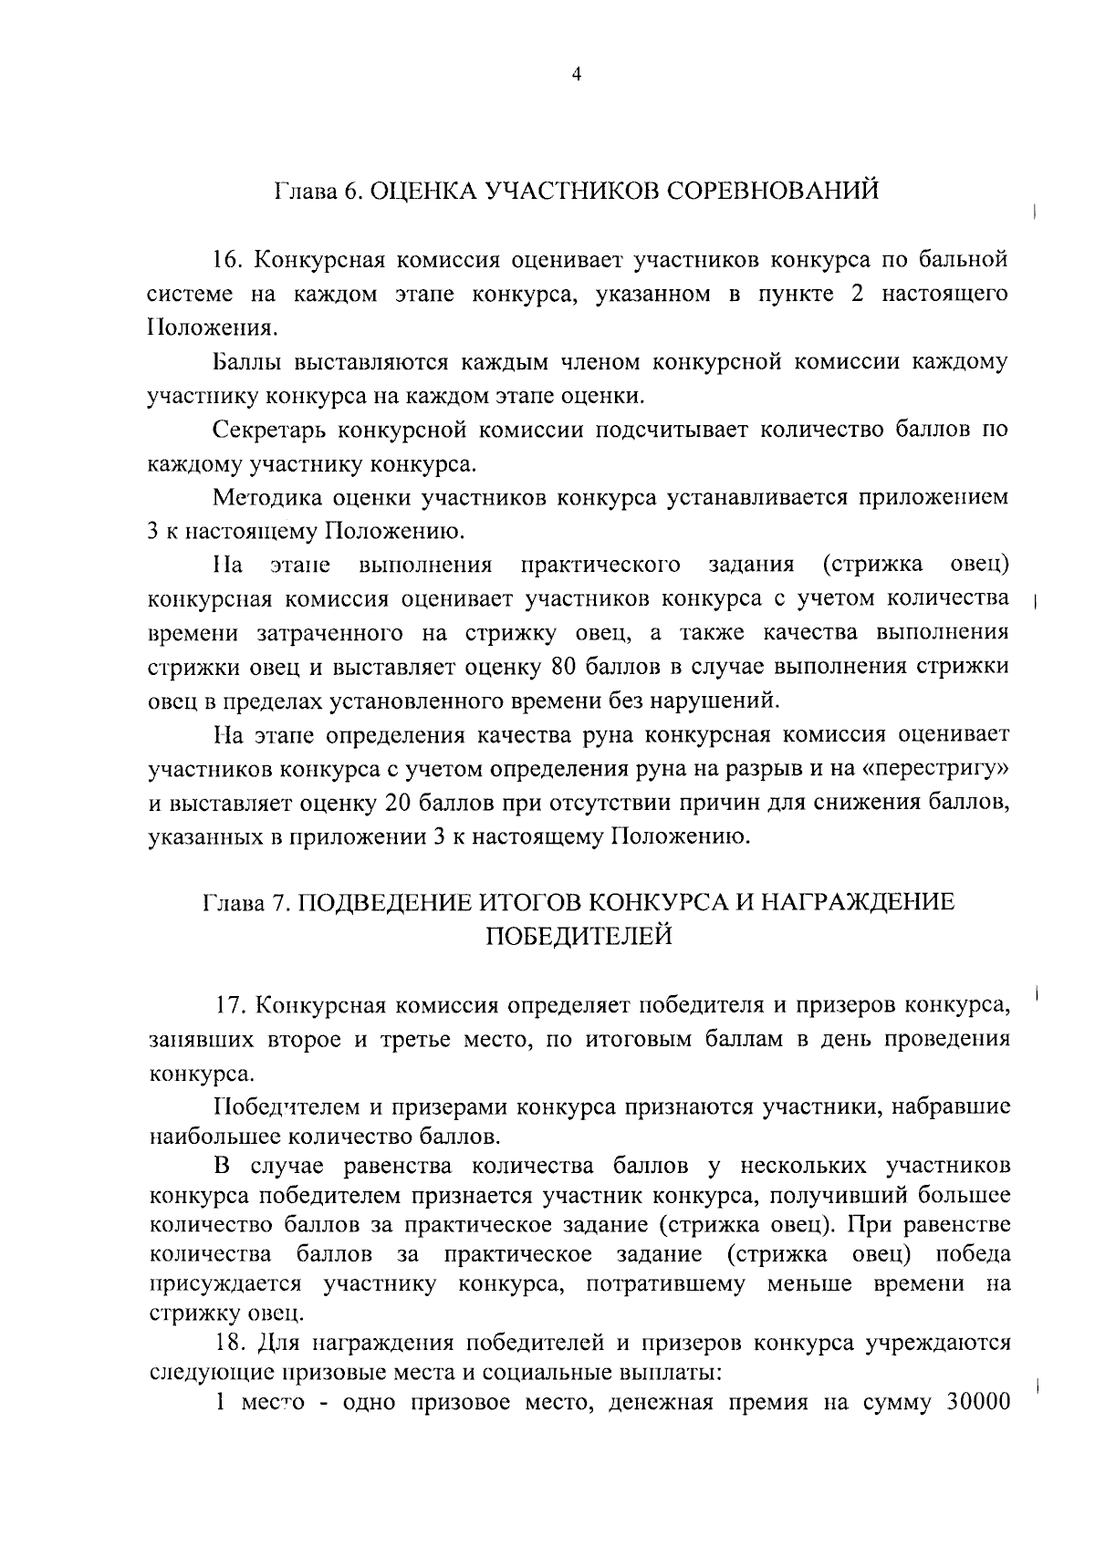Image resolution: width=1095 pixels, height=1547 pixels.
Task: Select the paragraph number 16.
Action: click(x=227, y=260)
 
